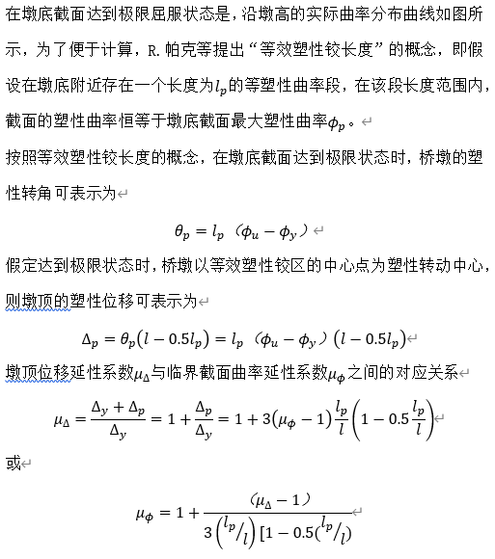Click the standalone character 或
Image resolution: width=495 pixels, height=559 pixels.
click(13, 465)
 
